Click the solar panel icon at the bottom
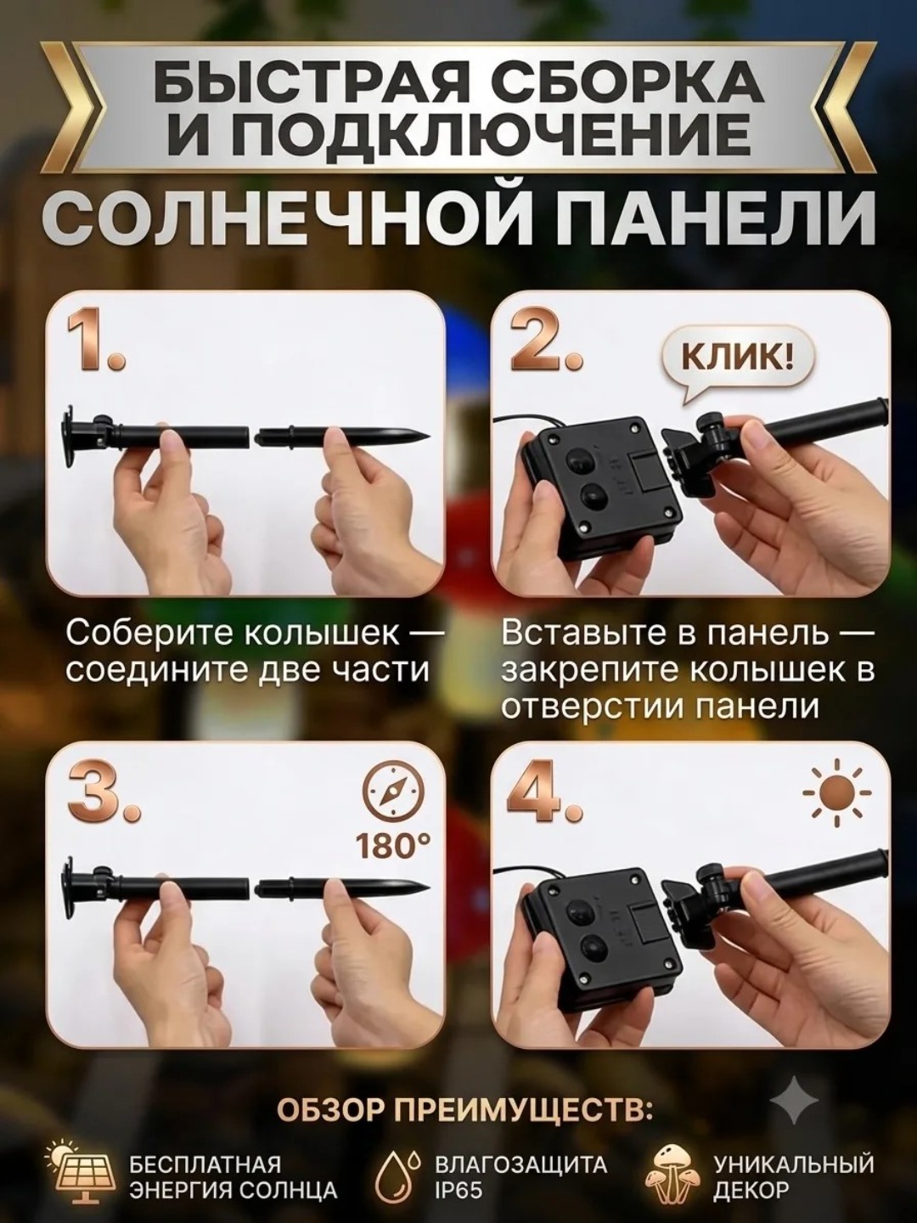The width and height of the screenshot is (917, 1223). tap(84, 1169)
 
